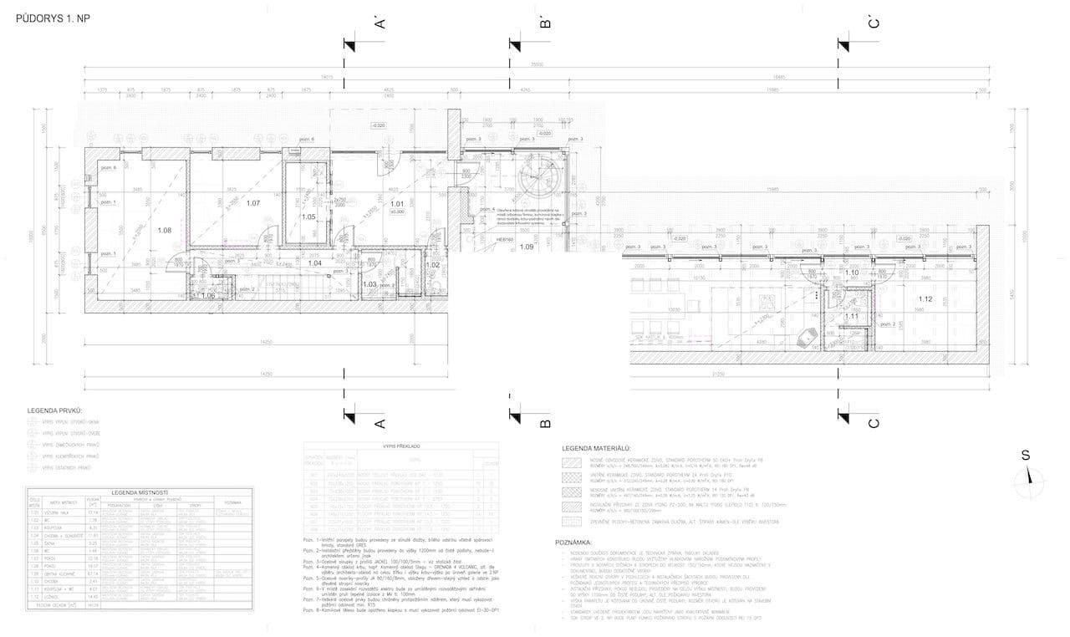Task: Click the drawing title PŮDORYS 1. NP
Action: click(x=53, y=18)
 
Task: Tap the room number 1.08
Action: click(x=165, y=230)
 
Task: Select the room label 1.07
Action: click(x=253, y=203)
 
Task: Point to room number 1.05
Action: click(x=308, y=217)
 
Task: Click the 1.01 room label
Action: click(x=398, y=203)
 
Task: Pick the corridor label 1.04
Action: click(x=315, y=263)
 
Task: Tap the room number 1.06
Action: click(x=208, y=295)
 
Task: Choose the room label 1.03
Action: click(x=370, y=284)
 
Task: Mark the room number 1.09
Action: click(x=527, y=247)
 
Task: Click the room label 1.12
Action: click(x=925, y=299)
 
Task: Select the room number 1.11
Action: click(x=851, y=316)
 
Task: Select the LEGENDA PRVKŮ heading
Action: click(x=57, y=411)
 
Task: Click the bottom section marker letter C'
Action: click(x=874, y=422)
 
